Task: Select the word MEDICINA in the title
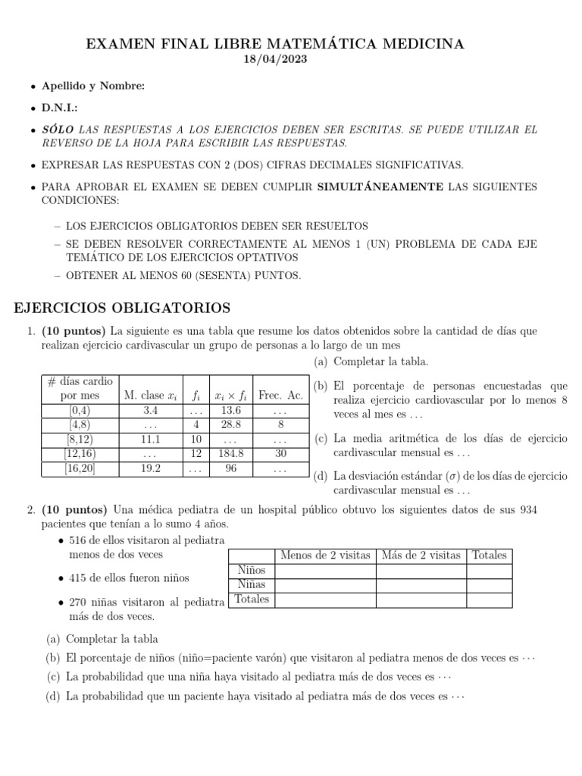tap(426, 44)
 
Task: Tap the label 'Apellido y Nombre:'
tap(92, 86)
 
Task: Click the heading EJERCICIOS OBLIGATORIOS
tap(123, 308)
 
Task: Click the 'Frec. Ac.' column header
tap(281, 395)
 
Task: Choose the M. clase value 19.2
tap(150, 468)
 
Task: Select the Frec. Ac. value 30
tap(281, 454)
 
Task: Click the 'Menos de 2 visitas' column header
tap(325, 555)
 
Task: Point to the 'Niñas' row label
tap(251, 584)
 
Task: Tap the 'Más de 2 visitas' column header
tap(421, 555)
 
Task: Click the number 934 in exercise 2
tap(527, 509)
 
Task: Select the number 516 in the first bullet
tap(78, 540)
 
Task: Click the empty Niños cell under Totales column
tap(489, 571)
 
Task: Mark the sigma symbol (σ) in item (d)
tap(408, 476)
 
